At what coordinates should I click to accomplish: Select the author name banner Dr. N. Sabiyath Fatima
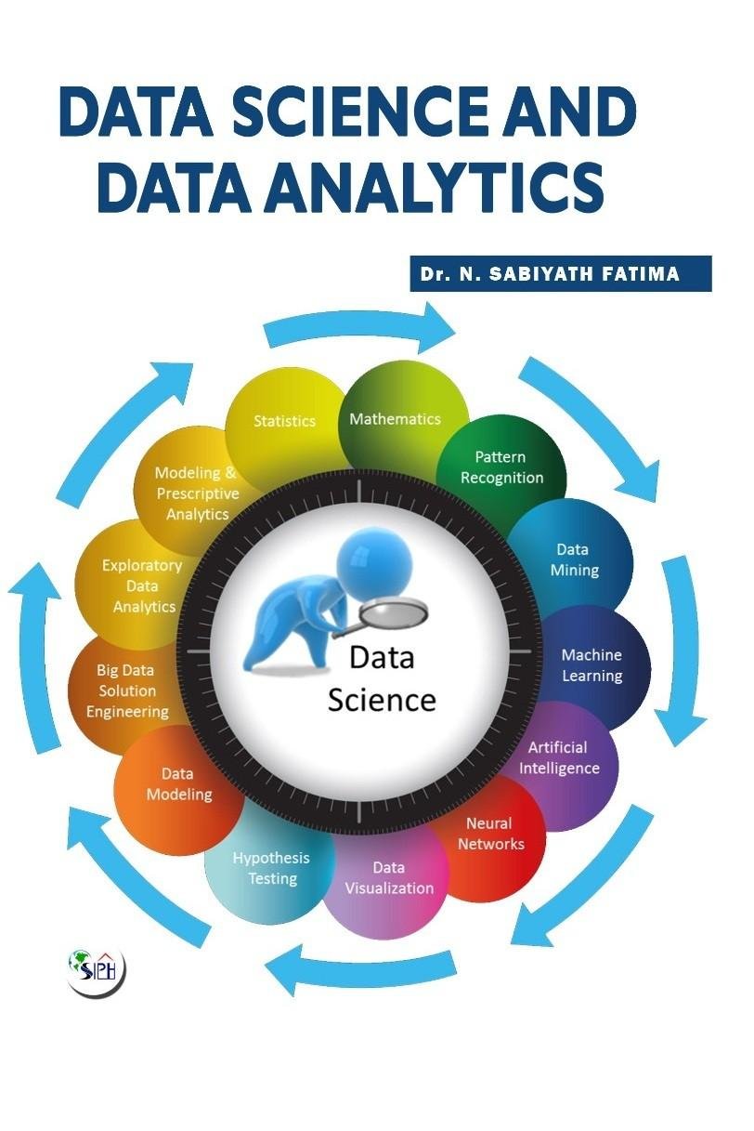pos(560,274)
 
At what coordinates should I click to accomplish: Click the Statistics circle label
pos(284,421)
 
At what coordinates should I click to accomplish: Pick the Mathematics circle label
pos(395,419)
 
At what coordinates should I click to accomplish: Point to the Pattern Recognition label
pos(501,467)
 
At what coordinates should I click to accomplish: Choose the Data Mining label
pos(574,559)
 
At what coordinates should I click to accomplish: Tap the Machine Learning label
pos(591,665)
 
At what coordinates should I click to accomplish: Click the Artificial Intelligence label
pos(559,757)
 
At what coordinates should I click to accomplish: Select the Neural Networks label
pos(490,834)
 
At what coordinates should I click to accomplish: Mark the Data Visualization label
pos(389,877)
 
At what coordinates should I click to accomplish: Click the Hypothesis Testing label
pos(271,868)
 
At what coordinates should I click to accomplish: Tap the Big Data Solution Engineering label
pos(127,690)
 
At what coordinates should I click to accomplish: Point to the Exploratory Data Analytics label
pos(143,585)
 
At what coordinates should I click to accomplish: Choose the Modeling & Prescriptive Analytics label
pos(196,493)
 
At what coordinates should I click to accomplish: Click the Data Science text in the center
pos(381,678)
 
